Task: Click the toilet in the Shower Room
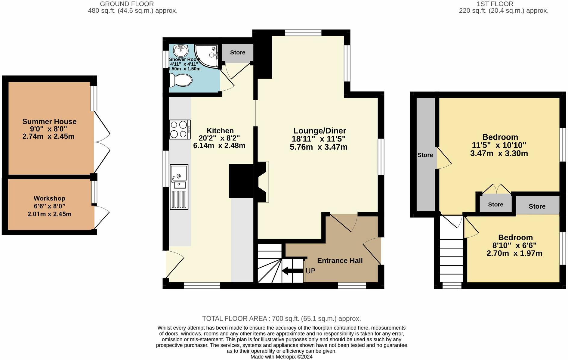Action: click(x=180, y=80)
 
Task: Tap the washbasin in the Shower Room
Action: click(x=181, y=51)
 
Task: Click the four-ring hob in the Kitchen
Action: click(x=180, y=129)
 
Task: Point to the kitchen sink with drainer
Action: click(x=179, y=187)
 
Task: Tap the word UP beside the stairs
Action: click(x=310, y=271)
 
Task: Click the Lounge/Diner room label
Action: click(x=320, y=131)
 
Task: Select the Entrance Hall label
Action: click(x=340, y=261)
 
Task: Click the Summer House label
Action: click(x=49, y=122)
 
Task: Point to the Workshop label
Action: click(x=49, y=198)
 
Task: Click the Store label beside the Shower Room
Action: click(x=238, y=52)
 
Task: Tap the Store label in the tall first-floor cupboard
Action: click(x=425, y=155)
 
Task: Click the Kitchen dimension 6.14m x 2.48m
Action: click(x=219, y=146)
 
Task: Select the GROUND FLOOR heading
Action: click(x=127, y=4)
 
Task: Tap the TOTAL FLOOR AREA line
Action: click(x=281, y=318)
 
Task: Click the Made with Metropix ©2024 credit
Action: click(x=281, y=357)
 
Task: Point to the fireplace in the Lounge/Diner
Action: click(x=262, y=182)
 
